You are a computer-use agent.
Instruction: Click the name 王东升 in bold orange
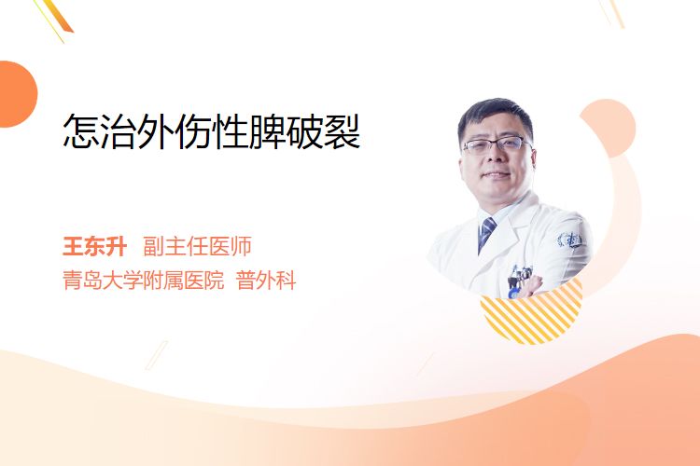94,246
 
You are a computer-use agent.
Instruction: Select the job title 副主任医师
197,246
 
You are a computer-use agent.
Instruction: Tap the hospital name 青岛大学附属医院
144,281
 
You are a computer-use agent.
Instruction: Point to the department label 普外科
266,281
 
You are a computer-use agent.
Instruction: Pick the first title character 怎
81,131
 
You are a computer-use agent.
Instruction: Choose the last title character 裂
342,131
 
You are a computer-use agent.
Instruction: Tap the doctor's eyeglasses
496,145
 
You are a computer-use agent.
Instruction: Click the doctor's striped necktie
485,233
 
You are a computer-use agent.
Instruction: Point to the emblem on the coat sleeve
570,240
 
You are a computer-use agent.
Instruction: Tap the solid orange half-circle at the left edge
18,94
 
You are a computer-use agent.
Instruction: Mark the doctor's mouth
495,175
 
